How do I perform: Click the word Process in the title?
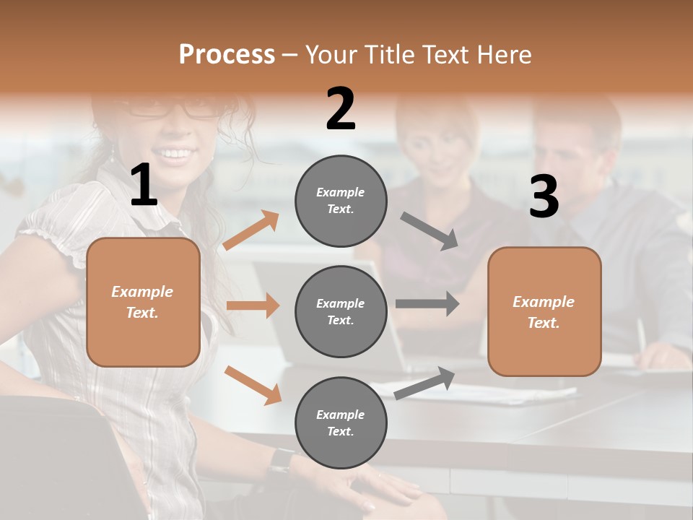(x=227, y=54)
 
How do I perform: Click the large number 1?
(x=144, y=186)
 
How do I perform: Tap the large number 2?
(x=341, y=109)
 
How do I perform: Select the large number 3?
(x=544, y=197)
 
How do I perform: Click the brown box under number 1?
(x=143, y=302)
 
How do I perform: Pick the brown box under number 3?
(x=544, y=312)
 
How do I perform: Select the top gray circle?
(x=341, y=201)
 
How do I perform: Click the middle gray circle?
(x=341, y=312)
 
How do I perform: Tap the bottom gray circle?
(x=341, y=423)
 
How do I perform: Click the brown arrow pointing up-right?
(x=251, y=230)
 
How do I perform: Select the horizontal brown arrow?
(x=253, y=305)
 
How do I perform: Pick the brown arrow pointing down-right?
(x=253, y=384)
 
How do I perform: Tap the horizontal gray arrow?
(x=427, y=303)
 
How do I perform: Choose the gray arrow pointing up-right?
(x=424, y=383)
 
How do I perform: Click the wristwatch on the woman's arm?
(x=281, y=461)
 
